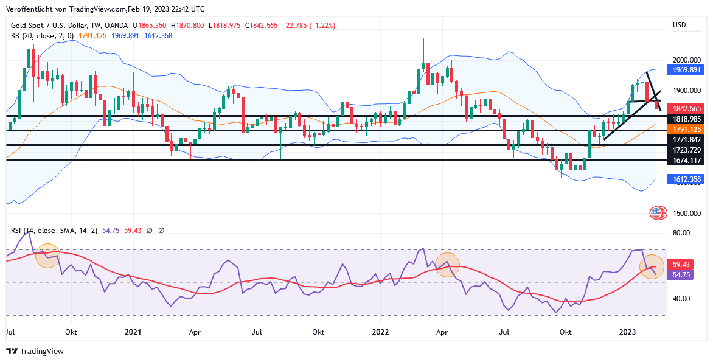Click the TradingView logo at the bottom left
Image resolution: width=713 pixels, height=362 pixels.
(35, 351)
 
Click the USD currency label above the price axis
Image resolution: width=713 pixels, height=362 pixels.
(679, 25)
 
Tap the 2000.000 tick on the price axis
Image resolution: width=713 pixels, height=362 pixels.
(687, 60)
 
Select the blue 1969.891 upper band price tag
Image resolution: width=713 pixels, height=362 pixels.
(687, 70)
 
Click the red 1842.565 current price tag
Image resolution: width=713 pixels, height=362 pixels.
(687, 108)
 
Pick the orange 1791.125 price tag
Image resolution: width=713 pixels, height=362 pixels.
(687, 130)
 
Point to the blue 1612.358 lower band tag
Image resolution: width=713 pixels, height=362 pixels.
(687, 179)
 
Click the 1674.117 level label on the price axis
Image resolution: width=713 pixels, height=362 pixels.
(687, 160)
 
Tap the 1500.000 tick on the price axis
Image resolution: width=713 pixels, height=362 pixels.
(687, 214)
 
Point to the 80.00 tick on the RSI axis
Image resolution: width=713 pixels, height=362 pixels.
(681, 233)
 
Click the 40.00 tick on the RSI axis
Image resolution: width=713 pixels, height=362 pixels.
(681, 299)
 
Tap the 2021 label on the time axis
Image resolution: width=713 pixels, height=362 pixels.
(133, 332)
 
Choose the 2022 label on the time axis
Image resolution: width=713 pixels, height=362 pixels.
(380, 332)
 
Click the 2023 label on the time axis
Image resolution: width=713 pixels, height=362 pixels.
(628, 332)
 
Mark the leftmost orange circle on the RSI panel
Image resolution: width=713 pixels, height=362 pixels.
(47, 256)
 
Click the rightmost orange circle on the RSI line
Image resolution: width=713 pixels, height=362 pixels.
(652, 266)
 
